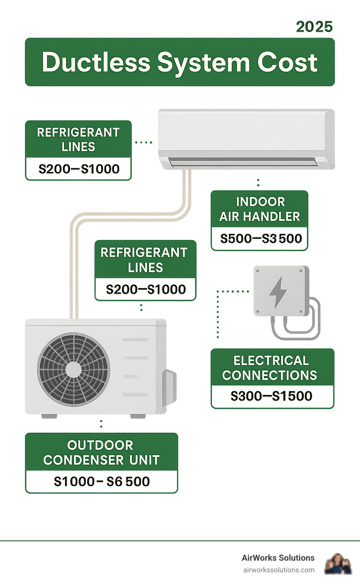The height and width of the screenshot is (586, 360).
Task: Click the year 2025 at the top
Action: [x=314, y=27]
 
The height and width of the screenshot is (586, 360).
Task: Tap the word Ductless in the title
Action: [x=96, y=62]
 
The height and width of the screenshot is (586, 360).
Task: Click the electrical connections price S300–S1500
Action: [x=271, y=396]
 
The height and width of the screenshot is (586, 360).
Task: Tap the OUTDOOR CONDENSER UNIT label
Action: [x=101, y=452]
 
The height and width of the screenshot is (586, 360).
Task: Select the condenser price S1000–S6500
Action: [x=102, y=481]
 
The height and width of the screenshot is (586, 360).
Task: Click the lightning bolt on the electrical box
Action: [x=278, y=292]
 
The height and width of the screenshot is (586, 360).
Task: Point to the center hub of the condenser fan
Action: [x=73, y=370]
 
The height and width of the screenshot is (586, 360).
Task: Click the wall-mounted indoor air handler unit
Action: [x=246, y=134]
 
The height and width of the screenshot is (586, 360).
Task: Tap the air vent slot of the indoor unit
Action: [x=243, y=162]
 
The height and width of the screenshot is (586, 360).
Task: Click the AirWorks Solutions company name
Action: [x=278, y=558]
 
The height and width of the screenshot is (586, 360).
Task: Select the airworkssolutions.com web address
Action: [x=278, y=570]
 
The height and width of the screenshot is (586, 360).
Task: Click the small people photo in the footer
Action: [x=338, y=564]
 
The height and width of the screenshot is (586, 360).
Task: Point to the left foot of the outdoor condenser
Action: [x=49, y=416]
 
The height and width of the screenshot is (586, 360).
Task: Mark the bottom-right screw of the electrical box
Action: [x=301, y=312]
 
